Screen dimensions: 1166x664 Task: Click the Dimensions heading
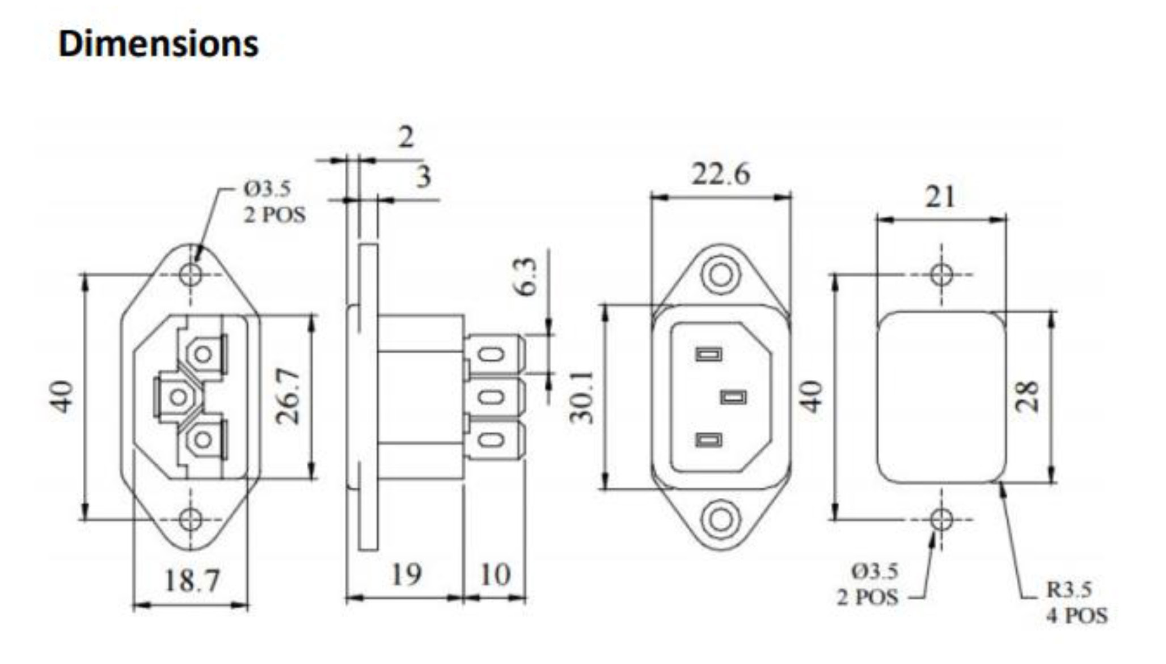[x=158, y=44]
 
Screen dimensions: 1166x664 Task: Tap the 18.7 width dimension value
[x=191, y=581]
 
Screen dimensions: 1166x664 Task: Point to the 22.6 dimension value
[x=721, y=174]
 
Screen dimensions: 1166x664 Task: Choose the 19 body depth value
[x=406, y=574]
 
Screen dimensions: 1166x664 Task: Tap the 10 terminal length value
[x=495, y=574]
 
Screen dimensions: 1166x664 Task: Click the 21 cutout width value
[x=940, y=197]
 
